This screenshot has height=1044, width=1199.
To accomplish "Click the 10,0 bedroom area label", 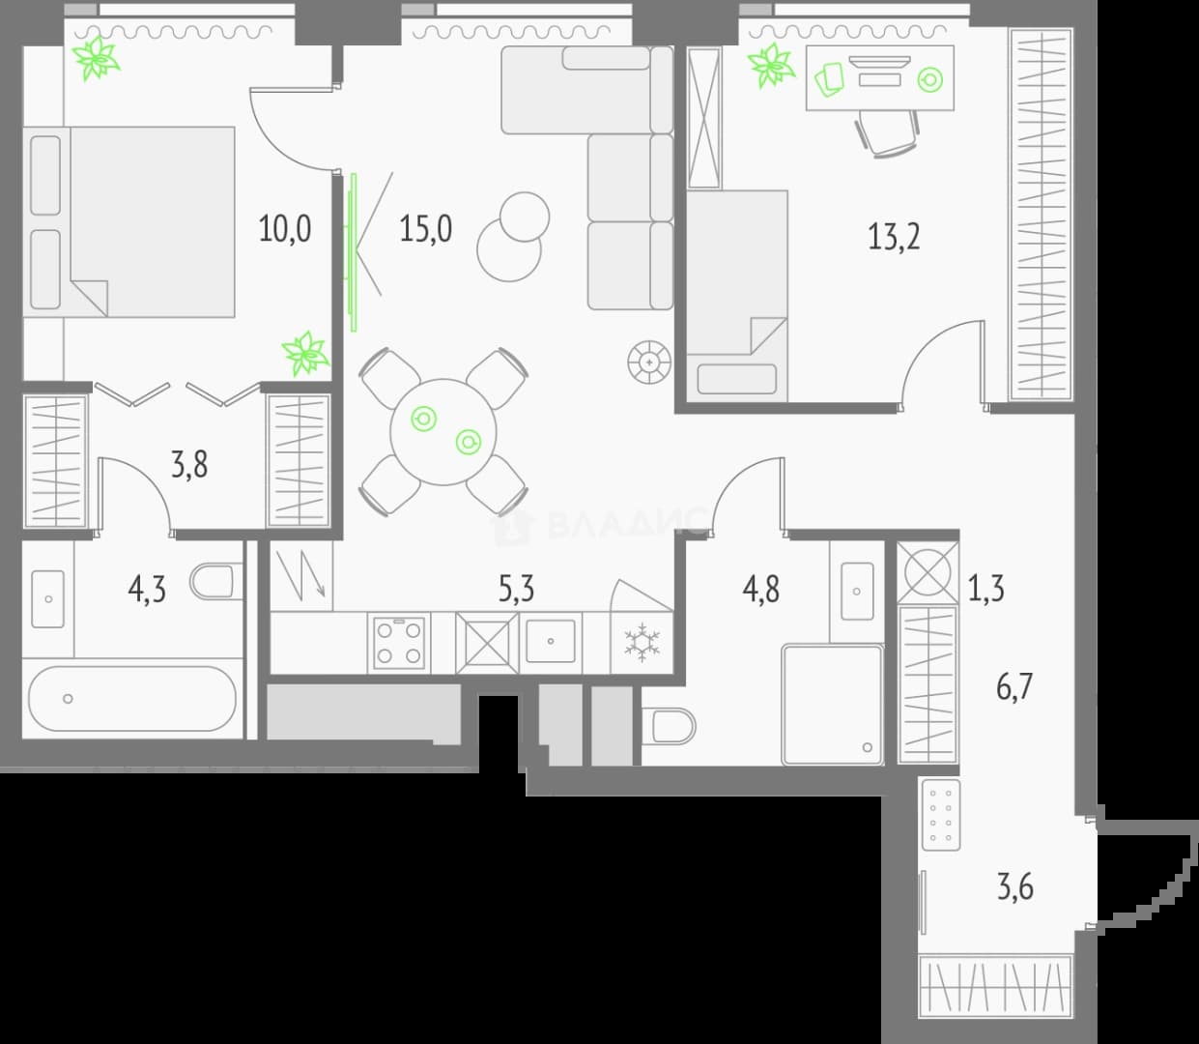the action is pyautogui.click(x=285, y=228).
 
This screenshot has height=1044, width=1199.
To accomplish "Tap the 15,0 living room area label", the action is pyautogui.click(x=426, y=228).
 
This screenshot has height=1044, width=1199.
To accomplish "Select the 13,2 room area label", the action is pyautogui.click(x=894, y=238).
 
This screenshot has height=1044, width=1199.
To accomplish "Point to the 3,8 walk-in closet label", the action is pyautogui.click(x=189, y=465).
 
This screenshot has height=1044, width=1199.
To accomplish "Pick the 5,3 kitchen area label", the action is pyautogui.click(x=516, y=589).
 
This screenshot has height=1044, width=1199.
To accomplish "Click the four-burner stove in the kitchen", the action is pyautogui.click(x=398, y=643).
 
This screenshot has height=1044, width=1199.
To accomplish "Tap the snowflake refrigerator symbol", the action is pyautogui.click(x=642, y=643).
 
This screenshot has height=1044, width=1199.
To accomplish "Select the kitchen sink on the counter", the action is pyautogui.click(x=551, y=642).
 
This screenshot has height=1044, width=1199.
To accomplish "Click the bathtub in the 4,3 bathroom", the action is pyautogui.click(x=132, y=698).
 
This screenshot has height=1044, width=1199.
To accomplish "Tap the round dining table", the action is pyautogui.click(x=443, y=432).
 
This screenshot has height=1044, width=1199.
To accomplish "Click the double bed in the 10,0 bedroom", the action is pyautogui.click(x=128, y=222).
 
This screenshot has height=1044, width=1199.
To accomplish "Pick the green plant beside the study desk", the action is pyautogui.click(x=771, y=66).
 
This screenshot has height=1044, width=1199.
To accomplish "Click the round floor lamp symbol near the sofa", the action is pyautogui.click(x=648, y=362).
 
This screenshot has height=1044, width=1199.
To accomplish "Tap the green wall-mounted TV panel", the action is pyautogui.click(x=354, y=252).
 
